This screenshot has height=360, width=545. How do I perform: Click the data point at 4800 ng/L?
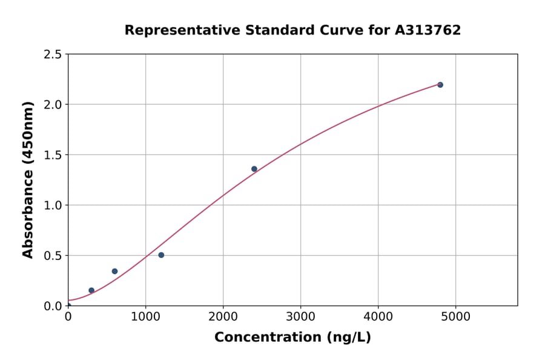440,85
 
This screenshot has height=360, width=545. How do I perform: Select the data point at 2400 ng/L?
254,169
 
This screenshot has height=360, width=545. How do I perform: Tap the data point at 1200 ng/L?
161,255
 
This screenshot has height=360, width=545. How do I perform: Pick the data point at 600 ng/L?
114,272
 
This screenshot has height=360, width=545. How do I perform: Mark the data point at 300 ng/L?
91,290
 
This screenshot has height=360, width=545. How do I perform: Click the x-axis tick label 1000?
145,316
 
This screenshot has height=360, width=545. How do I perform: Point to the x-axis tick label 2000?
223,316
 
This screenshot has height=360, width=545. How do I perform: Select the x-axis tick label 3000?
300,316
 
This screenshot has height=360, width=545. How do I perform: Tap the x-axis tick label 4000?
378,316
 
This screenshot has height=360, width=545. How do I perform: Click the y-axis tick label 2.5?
53,55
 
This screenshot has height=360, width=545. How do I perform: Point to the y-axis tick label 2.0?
53,105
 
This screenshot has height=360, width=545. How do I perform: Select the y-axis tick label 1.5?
53,155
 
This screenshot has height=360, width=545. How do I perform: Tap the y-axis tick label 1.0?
53,205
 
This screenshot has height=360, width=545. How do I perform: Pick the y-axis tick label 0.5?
53,256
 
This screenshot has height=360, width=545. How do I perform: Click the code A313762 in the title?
428,30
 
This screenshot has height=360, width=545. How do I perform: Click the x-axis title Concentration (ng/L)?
292,338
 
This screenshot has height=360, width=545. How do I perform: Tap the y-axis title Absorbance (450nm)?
28,179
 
